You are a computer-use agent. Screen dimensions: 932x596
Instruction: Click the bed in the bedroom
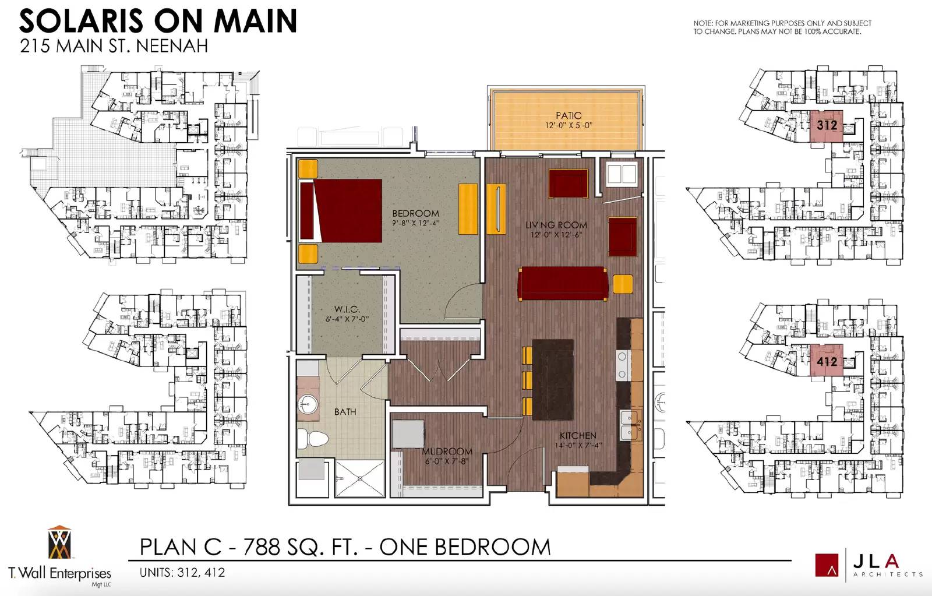[x=341, y=210]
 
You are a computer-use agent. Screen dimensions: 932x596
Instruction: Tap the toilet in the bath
[x=312, y=439]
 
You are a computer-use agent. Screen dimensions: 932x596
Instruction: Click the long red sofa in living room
[x=563, y=284]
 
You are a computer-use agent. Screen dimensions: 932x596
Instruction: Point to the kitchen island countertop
[x=553, y=380]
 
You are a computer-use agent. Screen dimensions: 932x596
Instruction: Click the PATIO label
[x=569, y=115]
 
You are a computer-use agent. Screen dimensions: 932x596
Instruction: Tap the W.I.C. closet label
[x=347, y=309]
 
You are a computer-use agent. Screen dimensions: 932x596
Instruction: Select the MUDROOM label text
[x=447, y=452]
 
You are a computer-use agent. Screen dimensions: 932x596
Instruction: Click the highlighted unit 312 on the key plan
[x=827, y=126]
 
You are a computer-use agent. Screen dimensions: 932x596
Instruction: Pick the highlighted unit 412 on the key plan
[x=827, y=361]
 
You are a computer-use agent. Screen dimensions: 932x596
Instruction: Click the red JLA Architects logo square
[x=827, y=565]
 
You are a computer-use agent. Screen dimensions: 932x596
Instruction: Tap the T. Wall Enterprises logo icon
[x=59, y=542]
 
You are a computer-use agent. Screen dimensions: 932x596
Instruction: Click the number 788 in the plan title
[x=262, y=547]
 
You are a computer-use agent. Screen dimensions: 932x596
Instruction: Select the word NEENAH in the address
[x=172, y=46]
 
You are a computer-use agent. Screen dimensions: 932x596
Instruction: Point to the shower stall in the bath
[x=360, y=478]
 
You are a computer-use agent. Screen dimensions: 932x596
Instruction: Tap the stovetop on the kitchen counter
[x=623, y=365]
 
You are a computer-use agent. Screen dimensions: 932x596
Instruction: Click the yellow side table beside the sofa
[x=623, y=284]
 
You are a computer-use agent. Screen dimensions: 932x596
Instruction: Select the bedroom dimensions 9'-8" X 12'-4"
[x=416, y=223]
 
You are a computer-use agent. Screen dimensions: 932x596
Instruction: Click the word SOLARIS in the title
[x=82, y=21]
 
